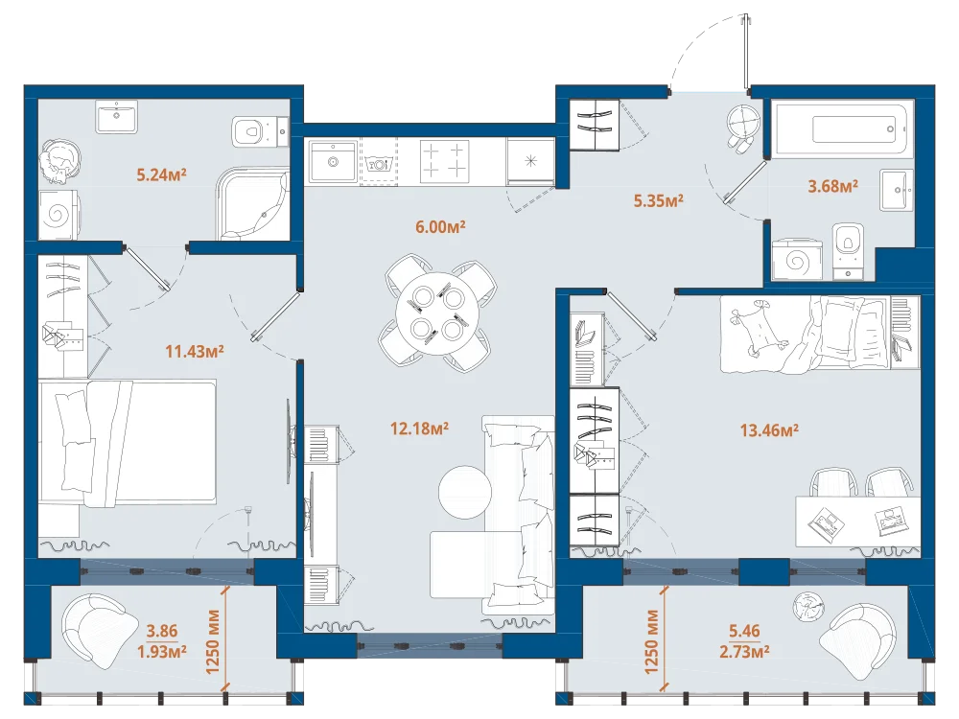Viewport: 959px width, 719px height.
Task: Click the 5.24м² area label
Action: click(x=161, y=174)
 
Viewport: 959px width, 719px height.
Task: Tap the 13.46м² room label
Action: click(x=769, y=430)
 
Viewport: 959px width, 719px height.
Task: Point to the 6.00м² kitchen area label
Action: click(x=440, y=227)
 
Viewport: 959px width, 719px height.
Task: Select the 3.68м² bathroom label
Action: click(x=833, y=186)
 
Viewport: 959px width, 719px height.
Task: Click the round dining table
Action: click(x=437, y=314)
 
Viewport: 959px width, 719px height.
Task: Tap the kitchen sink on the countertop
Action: click(x=333, y=161)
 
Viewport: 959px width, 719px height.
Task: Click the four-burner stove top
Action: click(x=445, y=161)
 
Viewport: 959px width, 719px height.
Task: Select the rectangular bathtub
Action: click(x=841, y=129)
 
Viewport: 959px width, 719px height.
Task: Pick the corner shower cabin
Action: click(x=252, y=205)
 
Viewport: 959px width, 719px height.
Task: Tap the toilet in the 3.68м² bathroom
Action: click(x=849, y=250)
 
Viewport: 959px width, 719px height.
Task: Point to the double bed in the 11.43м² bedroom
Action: click(x=128, y=443)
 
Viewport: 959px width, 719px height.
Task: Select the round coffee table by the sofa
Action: click(x=465, y=492)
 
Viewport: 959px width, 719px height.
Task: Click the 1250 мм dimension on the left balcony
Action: click(x=213, y=641)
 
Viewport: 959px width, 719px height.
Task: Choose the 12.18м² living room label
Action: click(x=420, y=429)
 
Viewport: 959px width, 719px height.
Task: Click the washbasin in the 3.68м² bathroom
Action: click(x=897, y=190)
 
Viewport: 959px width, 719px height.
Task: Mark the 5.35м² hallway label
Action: click(x=659, y=200)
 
